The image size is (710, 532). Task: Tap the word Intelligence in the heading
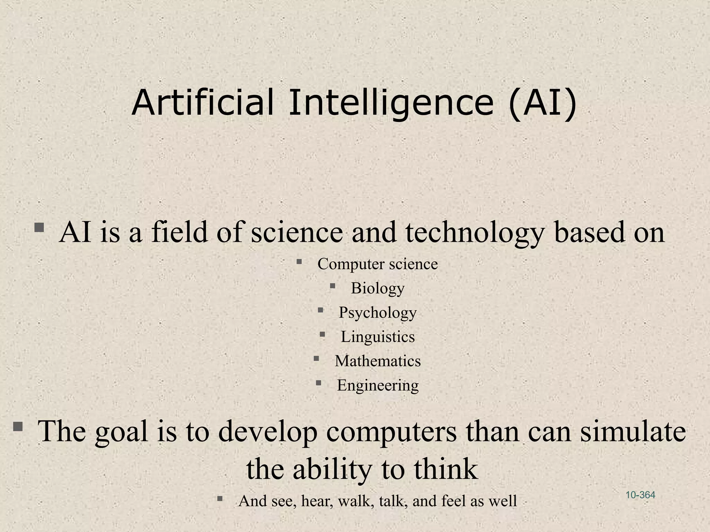pos(391,103)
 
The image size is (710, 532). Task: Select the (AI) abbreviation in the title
pos(543,103)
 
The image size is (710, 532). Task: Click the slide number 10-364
pos(640,495)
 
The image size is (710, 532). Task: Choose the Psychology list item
pos(378,313)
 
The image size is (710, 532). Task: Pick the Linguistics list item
pos(378,337)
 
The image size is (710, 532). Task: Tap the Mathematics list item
pos(378,361)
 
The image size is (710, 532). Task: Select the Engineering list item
pos(378,385)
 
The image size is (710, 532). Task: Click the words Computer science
pos(378,264)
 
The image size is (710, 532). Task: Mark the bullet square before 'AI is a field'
pos(39,228)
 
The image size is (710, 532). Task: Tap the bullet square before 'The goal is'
pos(18,426)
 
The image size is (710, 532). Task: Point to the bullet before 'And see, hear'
pos(220,499)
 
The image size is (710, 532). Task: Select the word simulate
pos(633,432)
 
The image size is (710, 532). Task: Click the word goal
pos(121,432)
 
